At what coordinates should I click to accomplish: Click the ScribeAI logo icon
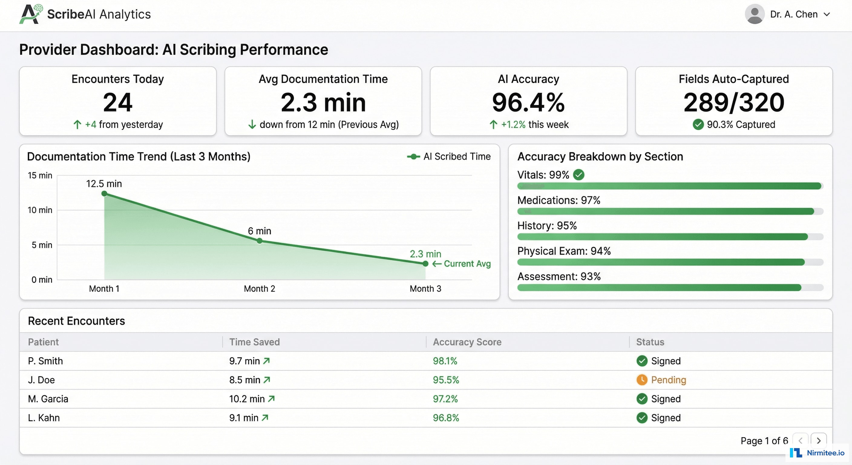tap(31, 14)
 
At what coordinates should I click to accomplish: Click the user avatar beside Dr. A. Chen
tap(755, 14)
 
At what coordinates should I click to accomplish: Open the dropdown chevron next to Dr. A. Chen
tap(827, 14)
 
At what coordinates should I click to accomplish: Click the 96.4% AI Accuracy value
tap(528, 102)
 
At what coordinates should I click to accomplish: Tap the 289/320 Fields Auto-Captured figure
tap(734, 102)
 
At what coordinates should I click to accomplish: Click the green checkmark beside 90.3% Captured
tap(698, 124)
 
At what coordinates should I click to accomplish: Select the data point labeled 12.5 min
tap(104, 194)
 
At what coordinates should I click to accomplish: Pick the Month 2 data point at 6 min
tap(260, 241)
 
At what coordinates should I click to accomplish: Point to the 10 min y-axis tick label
tap(40, 210)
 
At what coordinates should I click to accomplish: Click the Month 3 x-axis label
tap(425, 289)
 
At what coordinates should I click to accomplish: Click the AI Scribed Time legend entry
tap(449, 157)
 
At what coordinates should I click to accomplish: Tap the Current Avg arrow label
tap(462, 264)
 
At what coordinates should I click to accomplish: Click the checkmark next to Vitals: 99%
tap(578, 174)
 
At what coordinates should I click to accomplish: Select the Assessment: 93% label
tap(559, 276)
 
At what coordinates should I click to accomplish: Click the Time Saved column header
tap(254, 342)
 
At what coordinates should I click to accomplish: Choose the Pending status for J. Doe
tap(668, 380)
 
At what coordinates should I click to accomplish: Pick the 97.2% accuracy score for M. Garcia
tap(445, 399)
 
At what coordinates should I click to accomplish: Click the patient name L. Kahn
tap(44, 418)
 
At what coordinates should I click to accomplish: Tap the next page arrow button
tap(819, 440)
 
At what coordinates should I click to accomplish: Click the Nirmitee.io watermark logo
tap(817, 453)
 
